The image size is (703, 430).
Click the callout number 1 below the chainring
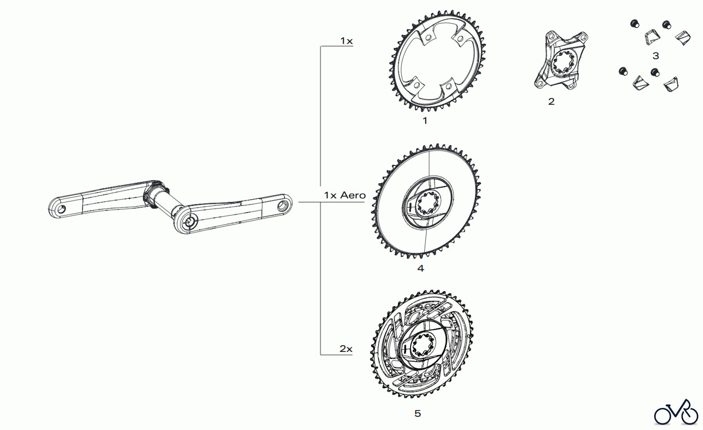click(425, 121)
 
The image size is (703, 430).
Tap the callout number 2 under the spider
click(551, 102)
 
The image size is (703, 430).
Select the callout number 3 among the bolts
click(656, 56)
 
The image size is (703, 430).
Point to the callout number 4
click(420, 268)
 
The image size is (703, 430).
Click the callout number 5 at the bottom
click(418, 413)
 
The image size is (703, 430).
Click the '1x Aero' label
click(345, 195)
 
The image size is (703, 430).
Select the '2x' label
click(346, 349)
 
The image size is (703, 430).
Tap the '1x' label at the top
click(346, 41)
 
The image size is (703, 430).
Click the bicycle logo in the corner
click(676, 412)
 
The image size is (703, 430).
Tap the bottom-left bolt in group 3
click(623, 71)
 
